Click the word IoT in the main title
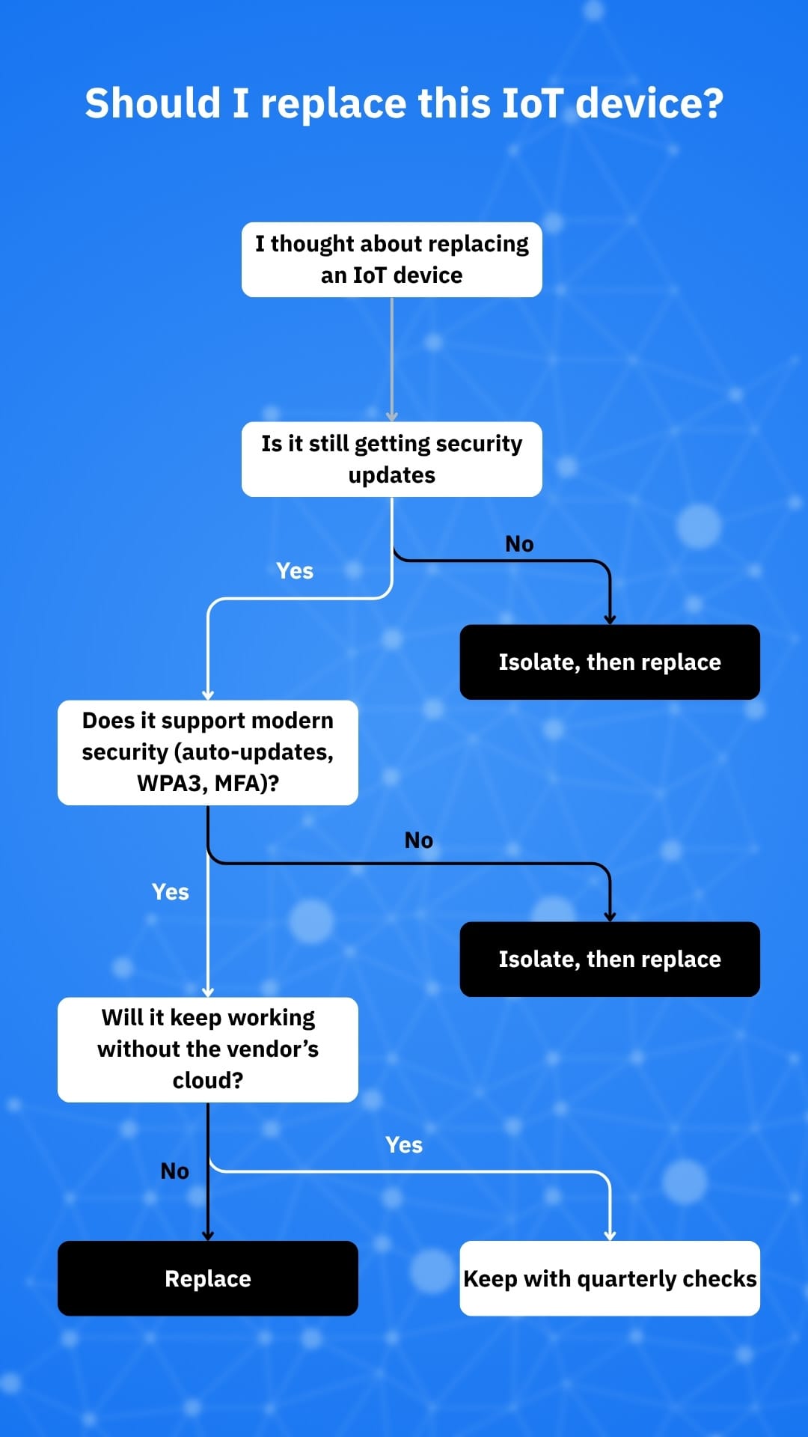(x=531, y=103)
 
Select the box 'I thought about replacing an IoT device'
(x=391, y=260)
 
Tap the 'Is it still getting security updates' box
(x=391, y=459)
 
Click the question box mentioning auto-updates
(x=208, y=752)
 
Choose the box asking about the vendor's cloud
(x=208, y=1049)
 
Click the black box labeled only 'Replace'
(x=208, y=1278)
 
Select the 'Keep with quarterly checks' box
(x=610, y=1278)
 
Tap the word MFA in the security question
(x=240, y=784)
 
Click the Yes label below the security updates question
(x=295, y=571)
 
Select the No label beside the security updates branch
(x=519, y=544)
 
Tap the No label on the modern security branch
(x=419, y=840)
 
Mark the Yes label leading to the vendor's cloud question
(x=171, y=892)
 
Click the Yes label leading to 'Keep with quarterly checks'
(x=404, y=1145)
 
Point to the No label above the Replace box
(x=175, y=1171)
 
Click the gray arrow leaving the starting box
(x=391, y=359)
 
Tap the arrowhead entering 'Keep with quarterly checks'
(x=610, y=1236)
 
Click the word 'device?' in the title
(x=649, y=103)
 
